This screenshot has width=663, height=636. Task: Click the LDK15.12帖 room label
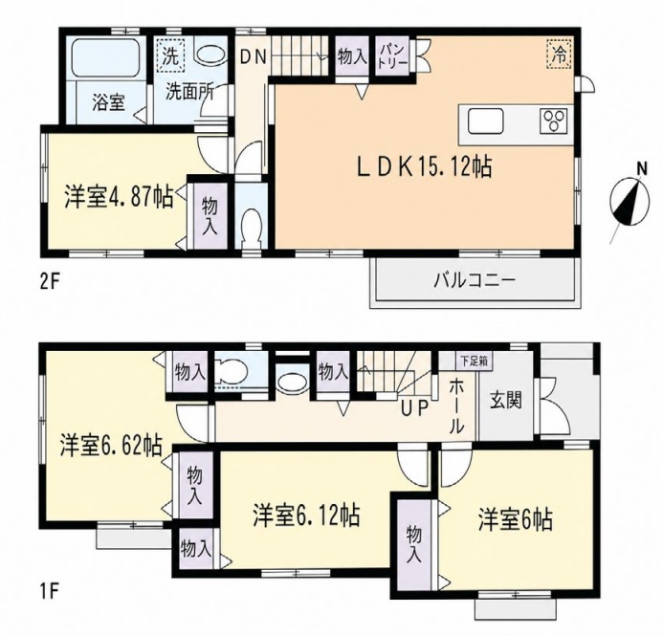[x=425, y=166]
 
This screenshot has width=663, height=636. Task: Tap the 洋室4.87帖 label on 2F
[x=119, y=197]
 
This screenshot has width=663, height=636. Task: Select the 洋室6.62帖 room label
[x=110, y=446]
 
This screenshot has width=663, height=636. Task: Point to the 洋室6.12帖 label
[x=307, y=515]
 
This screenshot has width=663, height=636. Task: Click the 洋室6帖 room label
[x=516, y=519]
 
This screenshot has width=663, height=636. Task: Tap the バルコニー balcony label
[x=475, y=280]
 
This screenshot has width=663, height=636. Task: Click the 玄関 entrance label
[x=506, y=400]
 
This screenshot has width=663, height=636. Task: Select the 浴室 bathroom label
[x=109, y=102]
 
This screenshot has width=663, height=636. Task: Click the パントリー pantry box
[x=393, y=56]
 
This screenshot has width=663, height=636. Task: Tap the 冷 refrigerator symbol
[x=559, y=54]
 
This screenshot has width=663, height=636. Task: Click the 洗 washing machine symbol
[x=171, y=54]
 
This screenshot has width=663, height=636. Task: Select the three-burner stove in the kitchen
[x=554, y=121]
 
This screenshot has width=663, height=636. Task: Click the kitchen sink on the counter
[x=486, y=121]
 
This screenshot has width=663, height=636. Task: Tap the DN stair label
[x=254, y=56]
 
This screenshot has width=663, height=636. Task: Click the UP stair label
[x=415, y=408]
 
